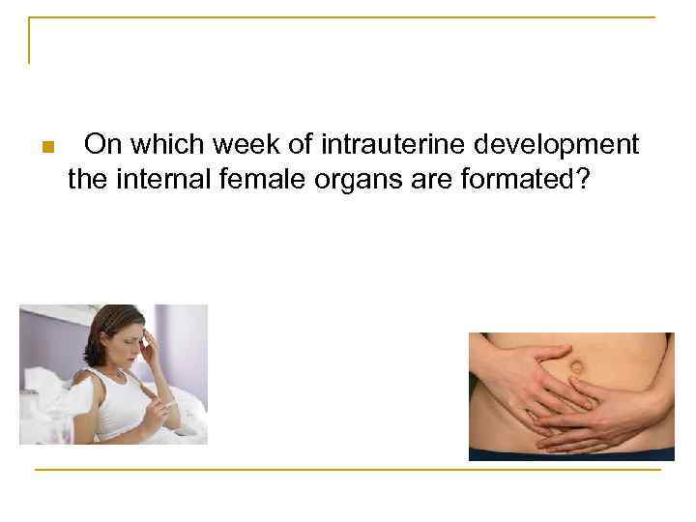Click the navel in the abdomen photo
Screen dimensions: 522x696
pyautogui.click(x=575, y=368)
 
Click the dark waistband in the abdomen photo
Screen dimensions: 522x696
pyautogui.click(x=570, y=452)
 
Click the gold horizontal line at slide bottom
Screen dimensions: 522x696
pyautogui.click(x=348, y=470)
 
